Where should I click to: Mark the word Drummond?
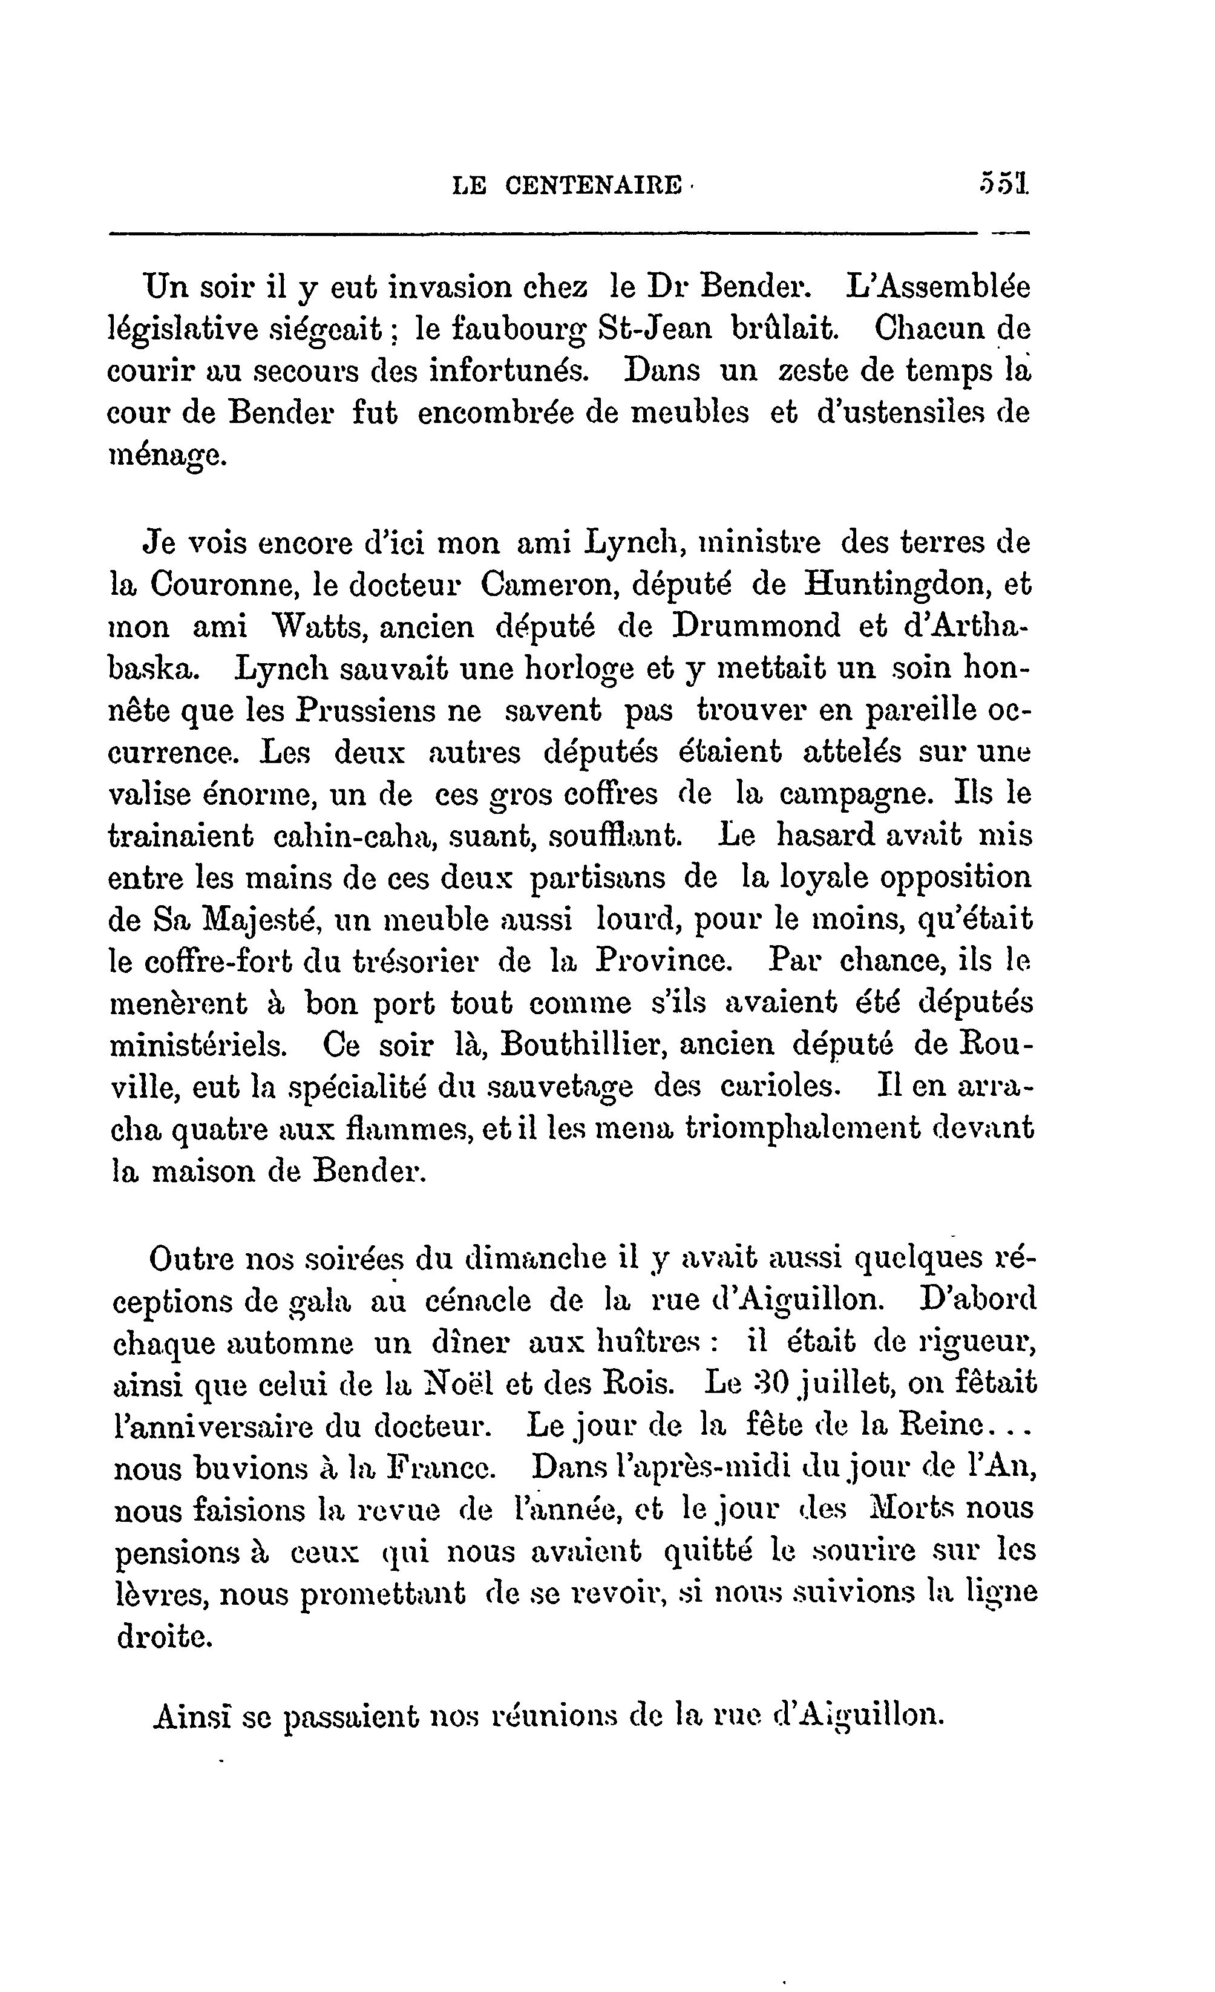(756, 626)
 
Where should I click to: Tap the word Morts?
(894, 1509)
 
